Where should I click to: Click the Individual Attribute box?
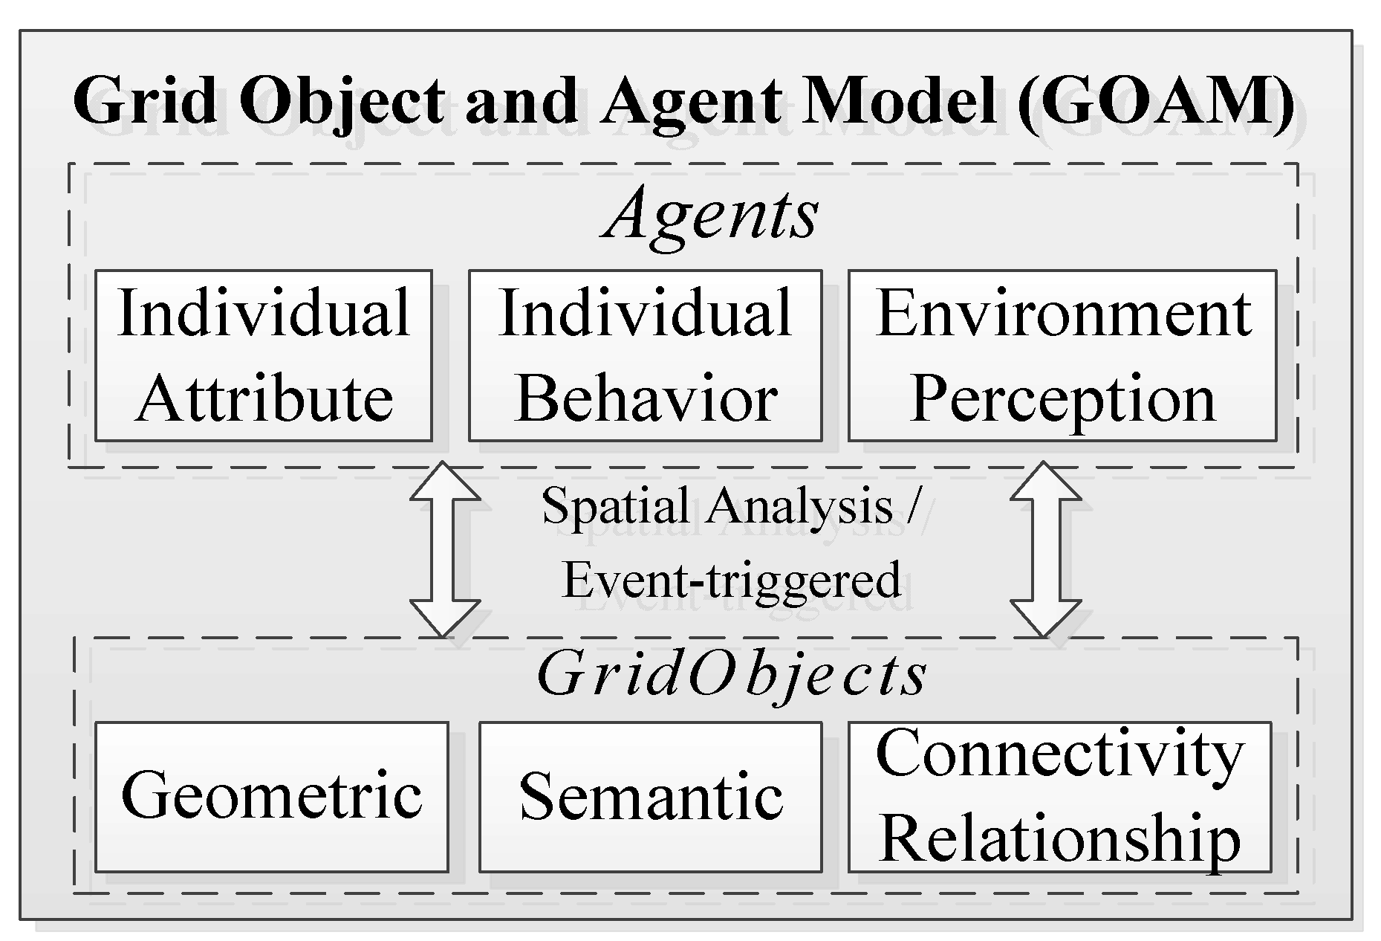coord(263,355)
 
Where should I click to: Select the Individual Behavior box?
coord(645,355)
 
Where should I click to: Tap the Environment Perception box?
coord(1062,355)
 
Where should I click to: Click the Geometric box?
coord(271,796)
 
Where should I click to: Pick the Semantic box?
coord(650,796)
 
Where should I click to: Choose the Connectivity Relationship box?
coord(1059,796)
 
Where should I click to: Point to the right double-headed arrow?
coord(1044,549)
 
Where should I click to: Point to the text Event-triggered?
coord(732,581)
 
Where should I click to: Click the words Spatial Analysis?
coord(717,506)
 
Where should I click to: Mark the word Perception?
coord(1062,399)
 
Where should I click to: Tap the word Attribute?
coord(264,399)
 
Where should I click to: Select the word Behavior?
coord(646,399)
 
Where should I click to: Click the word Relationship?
coord(1059,838)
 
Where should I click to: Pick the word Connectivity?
coord(1059,754)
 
